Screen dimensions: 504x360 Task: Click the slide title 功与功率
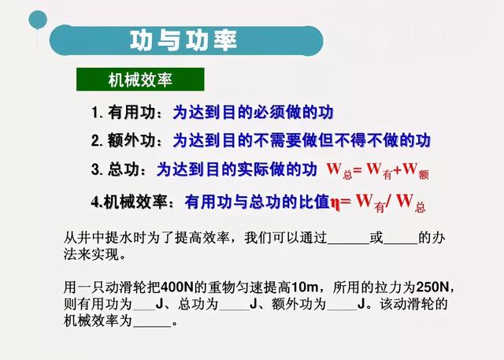pos(183,40)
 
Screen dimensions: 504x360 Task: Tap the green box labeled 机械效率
pos(140,80)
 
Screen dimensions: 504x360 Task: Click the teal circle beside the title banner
pos(38,20)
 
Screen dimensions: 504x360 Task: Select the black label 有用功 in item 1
pos(132,112)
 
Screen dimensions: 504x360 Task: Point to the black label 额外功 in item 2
pos(132,140)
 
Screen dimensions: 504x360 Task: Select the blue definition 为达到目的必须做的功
pos(254,112)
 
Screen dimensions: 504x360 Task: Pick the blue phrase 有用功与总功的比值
pos(258,202)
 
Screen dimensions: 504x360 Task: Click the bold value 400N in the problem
pos(176,287)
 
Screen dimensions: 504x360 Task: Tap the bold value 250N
pos(432,287)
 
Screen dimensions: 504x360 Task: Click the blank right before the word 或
pos(348,243)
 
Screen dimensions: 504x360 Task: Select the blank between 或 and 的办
pos(401,243)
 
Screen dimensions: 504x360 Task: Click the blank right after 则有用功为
pos(144,309)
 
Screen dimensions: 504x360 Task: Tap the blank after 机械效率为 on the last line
pos(152,325)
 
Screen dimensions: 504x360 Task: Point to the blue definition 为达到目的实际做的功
pos(237,169)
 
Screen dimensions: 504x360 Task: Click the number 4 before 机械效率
pos(95,202)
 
